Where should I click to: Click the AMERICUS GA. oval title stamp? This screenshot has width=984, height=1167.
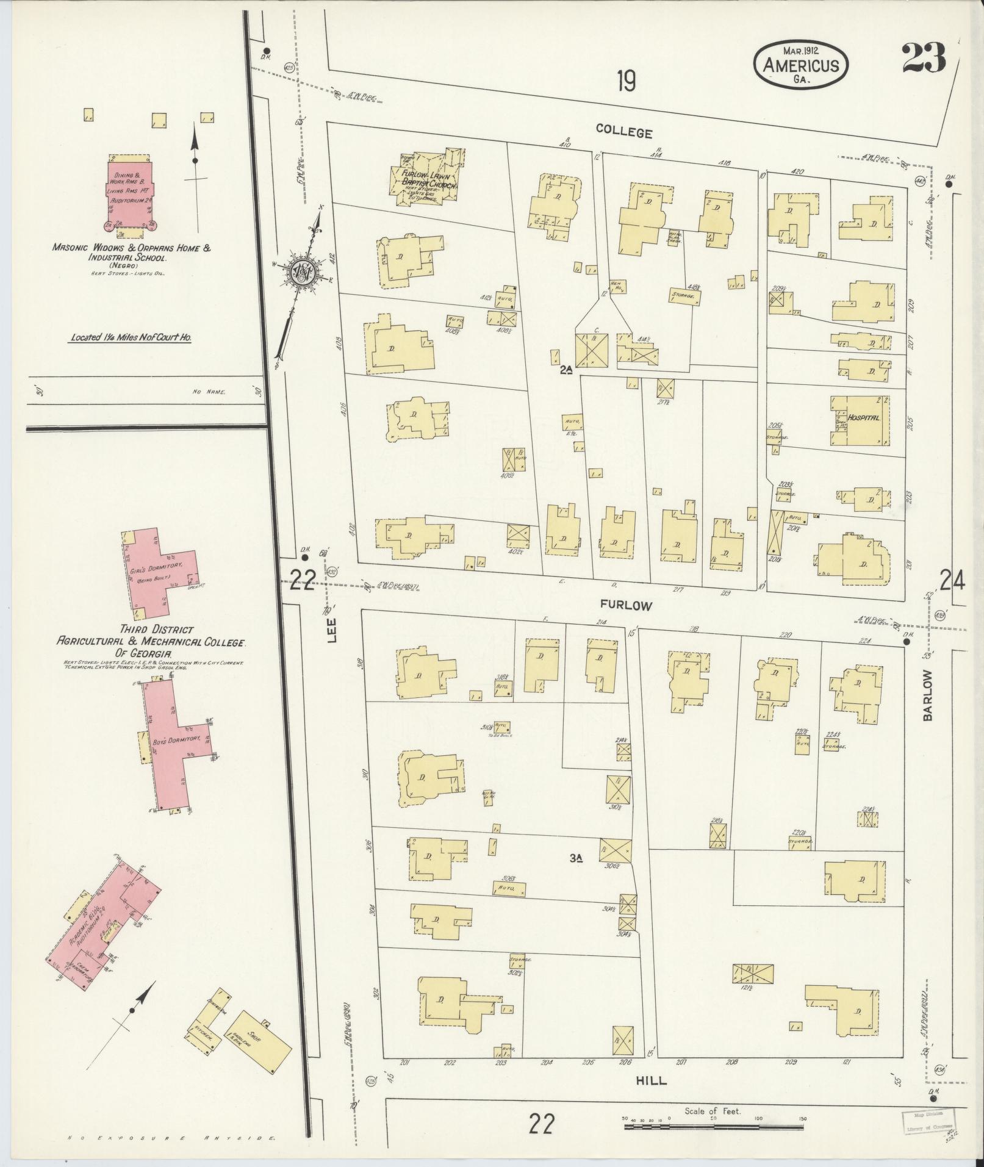pos(800,65)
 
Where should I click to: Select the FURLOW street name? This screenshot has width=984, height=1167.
pos(626,606)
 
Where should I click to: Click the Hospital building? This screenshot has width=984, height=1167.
pos(859,419)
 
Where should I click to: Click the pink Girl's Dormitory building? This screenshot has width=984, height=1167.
pos(160,574)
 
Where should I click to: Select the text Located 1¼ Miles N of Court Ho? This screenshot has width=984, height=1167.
pos(131,337)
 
